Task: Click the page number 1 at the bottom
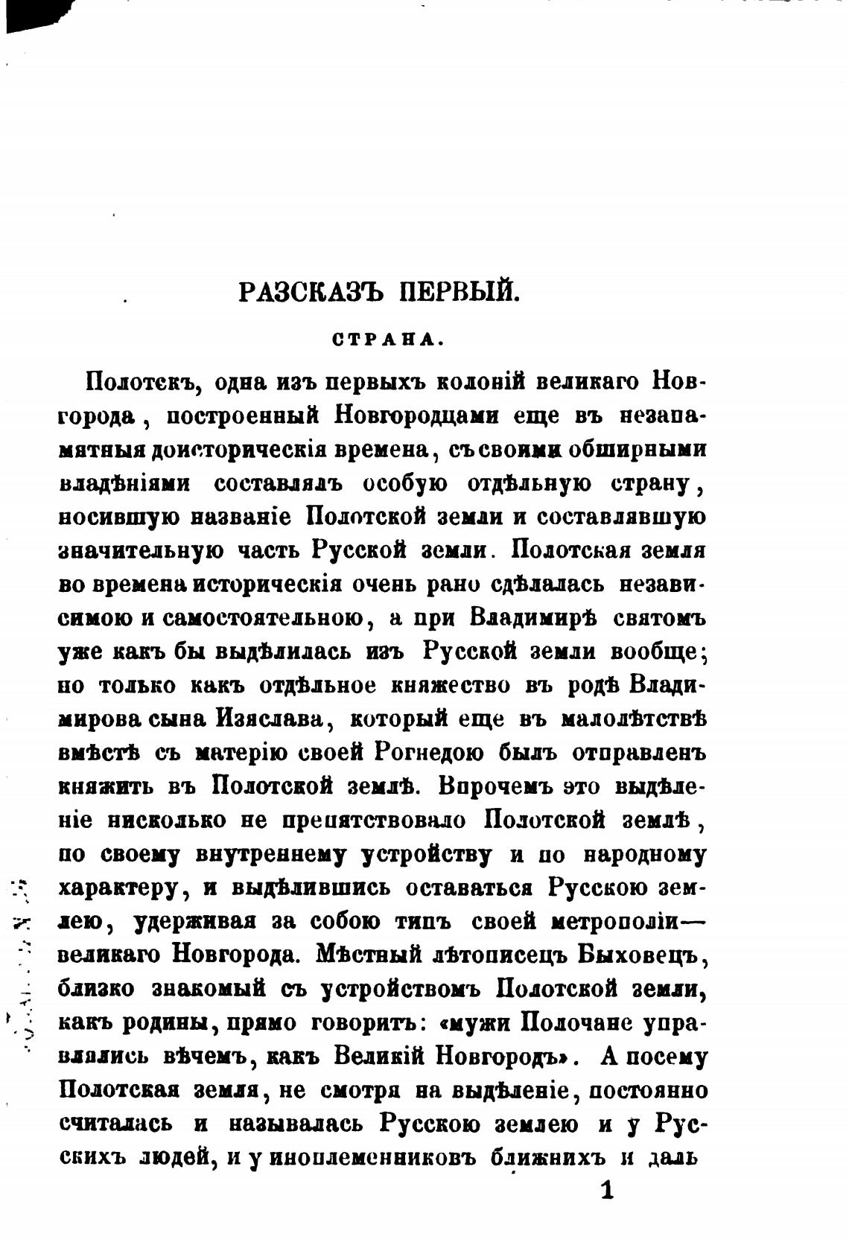point(607,1190)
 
